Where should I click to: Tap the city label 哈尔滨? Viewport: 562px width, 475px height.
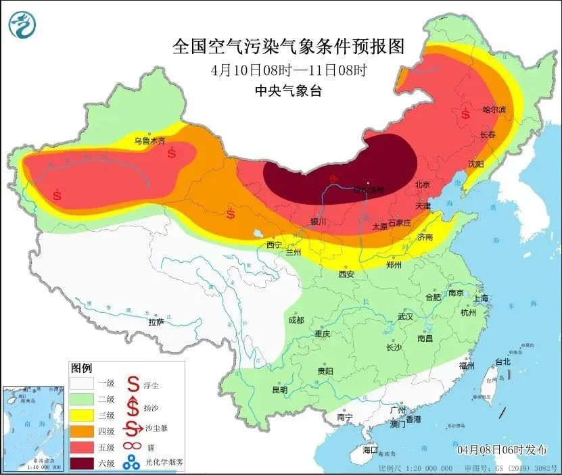point(494,109)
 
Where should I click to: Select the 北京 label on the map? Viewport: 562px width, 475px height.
point(422,184)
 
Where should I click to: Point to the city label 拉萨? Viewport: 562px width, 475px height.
point(156,322)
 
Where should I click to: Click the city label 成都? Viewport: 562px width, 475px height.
point(296,320)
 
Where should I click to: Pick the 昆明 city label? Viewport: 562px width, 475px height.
point(279,390)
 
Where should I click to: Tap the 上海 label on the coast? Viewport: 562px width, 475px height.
point(482,298)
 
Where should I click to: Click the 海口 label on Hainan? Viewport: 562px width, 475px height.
point(370,450)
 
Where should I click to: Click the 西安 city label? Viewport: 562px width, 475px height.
point(346,274)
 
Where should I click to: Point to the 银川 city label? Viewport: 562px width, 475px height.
point(318,221)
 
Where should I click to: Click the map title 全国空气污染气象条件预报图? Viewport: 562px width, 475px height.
point(288,47)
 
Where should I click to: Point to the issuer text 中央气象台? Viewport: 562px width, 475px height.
point(288,91)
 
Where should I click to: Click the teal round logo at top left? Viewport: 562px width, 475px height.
point(22,26)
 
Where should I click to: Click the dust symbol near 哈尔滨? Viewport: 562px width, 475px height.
point(466,114)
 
